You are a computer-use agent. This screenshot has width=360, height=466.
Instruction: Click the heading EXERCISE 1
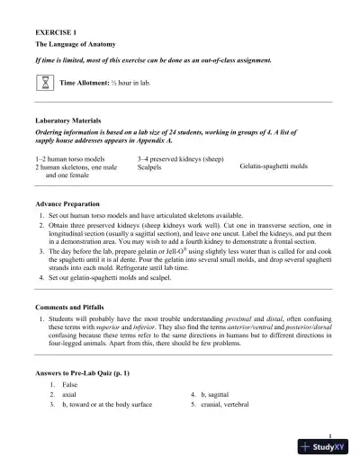(x=53, y=31)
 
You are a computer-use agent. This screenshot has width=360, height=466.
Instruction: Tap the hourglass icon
(x=45, y=83)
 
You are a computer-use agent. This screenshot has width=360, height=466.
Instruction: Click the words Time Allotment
(x=84, y=83)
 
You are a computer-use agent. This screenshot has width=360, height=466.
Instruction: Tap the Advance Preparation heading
(x=67, y=204)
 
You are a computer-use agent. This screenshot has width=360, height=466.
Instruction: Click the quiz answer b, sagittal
(x=221, y=394)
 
